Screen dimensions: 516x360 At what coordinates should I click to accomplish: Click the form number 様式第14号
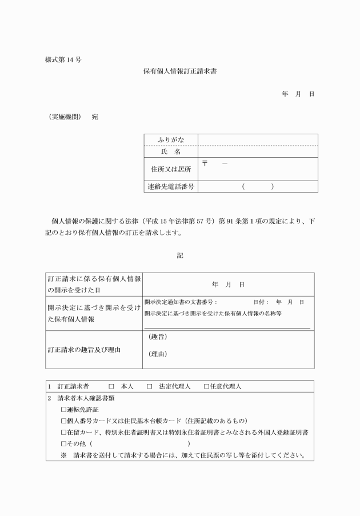(x=63, y=59)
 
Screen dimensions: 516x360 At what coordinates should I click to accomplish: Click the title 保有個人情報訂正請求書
(x=179, y=71)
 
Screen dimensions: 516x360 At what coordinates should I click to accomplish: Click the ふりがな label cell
(x=171, y=140)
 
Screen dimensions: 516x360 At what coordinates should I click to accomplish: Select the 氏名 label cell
(x=171, y=152)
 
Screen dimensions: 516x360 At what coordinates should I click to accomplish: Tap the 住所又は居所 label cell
(x=171, y=169)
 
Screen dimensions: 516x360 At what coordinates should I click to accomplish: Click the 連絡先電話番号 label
(x=171, y=186)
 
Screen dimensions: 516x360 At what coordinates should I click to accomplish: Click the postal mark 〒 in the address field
(x=205, y=164)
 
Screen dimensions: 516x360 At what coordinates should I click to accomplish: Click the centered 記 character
(x=179, y=256)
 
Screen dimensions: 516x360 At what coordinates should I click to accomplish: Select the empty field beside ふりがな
(x=258, y=140)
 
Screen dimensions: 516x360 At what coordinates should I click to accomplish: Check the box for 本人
(x=111, y=387)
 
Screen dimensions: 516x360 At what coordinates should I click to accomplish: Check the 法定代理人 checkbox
(x=149, y=387)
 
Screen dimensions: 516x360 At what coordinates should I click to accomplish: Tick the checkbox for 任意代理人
(x=207, y=387)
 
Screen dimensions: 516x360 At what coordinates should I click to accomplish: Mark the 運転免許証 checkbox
(x=64, y=410)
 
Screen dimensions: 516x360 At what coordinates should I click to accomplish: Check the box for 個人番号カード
(x=64, y=421)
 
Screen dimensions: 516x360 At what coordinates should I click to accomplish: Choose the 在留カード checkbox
(x=64, y=433)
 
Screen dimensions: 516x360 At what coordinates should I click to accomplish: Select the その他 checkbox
(x=64, y=444)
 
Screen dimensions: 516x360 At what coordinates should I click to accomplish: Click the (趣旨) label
(x=157, y=337)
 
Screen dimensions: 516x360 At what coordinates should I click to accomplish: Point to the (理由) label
(x=157, y=354)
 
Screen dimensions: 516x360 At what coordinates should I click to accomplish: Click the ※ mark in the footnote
(x=64, y=455)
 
